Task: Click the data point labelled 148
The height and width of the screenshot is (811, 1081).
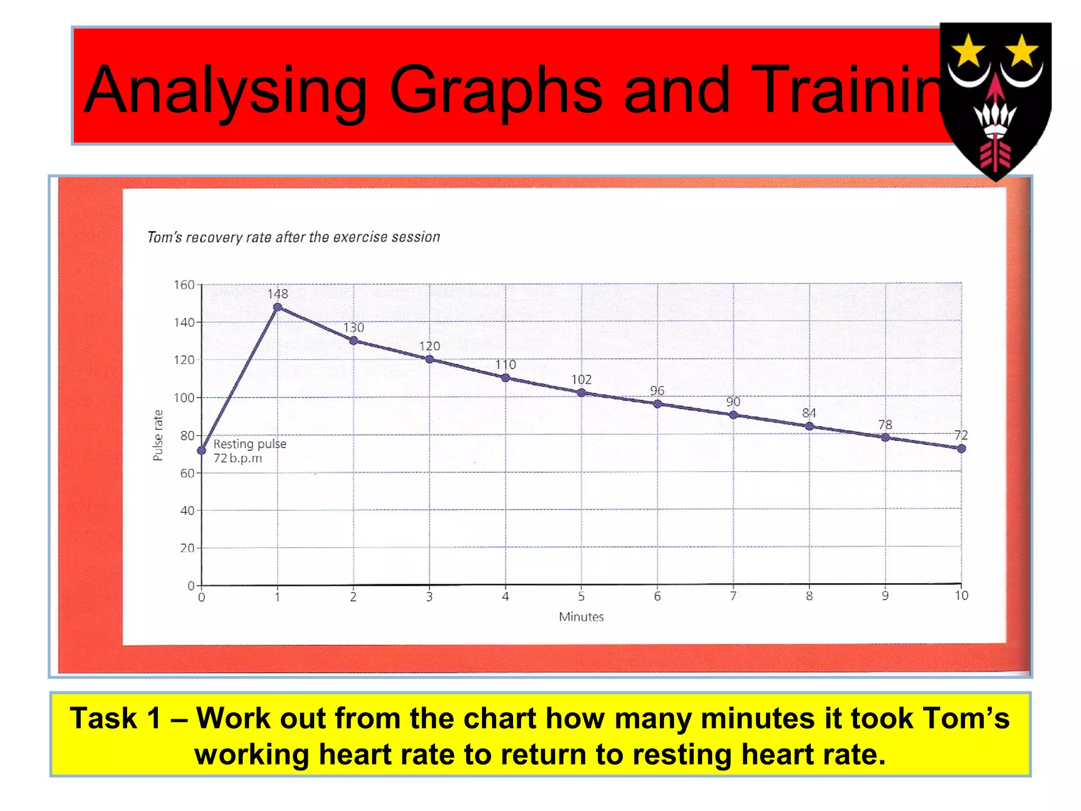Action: click(x=278, y=307)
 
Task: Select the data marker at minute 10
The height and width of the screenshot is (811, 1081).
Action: click(x=961, y=448)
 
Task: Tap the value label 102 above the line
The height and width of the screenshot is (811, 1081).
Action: click(x=581, y=380)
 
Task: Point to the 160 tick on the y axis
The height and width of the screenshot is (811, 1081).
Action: click(x=184, y=285)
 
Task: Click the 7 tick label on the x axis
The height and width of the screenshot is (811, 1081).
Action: click(x=733, y=596)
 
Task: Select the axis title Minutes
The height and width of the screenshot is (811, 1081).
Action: click(x=581, y=617)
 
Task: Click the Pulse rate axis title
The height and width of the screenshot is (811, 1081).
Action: click(x=158, y=435)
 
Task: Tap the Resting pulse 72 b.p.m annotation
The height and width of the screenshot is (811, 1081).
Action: click(x=249, y=451)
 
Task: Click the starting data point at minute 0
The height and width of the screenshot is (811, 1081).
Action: click(x=202, y=450)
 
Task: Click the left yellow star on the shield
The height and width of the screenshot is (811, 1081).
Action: click(x=968, y=52)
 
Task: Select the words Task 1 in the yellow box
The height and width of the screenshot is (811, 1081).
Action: click(x=115, y=719)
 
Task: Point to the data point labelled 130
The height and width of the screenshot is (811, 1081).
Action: click(x=354, y=341)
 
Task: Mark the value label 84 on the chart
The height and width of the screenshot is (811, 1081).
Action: click(x=809, y=413)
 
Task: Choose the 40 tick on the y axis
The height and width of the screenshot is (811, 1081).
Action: click(x=187, y=511)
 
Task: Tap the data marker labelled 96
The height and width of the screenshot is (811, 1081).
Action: click(x=657, y=404)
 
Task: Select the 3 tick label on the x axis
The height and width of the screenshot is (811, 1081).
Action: click(x=429, y=597)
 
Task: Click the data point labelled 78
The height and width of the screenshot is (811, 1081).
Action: click(x=885, y=437)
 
